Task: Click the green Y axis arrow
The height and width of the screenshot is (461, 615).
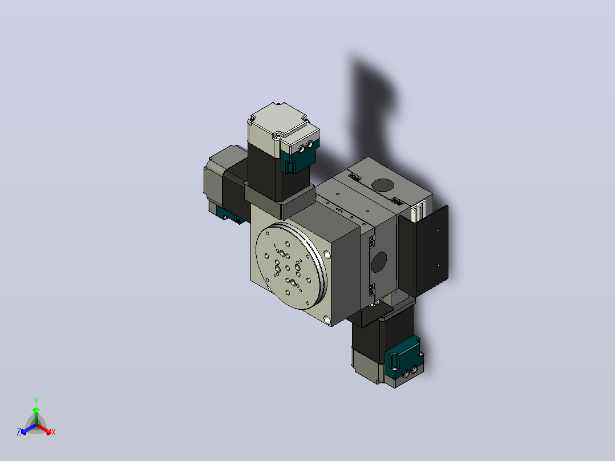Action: click(36, 416)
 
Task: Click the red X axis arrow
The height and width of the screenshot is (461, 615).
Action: click(44, 429)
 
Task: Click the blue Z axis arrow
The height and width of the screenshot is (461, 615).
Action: click(29, 429)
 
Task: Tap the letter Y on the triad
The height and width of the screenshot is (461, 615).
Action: click(36, 401)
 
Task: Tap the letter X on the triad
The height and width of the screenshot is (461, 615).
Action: click(54, 432)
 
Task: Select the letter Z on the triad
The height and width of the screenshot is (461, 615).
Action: click(19, 432)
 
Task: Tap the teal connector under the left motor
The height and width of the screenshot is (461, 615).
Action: click(229, 215)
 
